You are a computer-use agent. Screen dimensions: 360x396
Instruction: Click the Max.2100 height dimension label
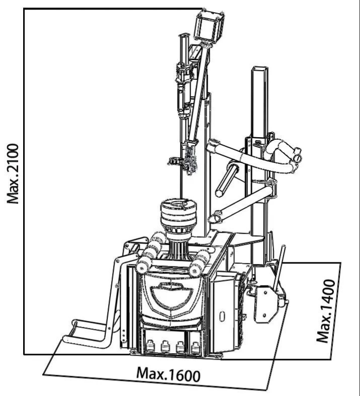(x=13, y=174)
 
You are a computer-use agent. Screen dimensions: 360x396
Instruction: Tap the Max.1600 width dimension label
(x=168, y=374)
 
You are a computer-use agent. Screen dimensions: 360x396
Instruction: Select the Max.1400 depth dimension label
(x=326, y=311)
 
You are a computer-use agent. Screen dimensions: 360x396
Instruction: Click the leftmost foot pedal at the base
(x=150, y=346)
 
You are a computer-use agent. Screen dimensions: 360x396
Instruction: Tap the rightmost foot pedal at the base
(x=195, y=348)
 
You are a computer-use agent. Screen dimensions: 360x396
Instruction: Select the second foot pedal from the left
(x=165, y=347)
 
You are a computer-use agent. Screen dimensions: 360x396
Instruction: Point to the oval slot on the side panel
(x=222, y=316)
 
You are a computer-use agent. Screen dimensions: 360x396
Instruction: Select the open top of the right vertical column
(x=259, y=69)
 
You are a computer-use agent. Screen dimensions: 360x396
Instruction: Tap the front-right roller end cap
(x=194, y=271)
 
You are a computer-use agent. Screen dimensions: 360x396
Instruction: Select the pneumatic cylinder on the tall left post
(x=185, y=91)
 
